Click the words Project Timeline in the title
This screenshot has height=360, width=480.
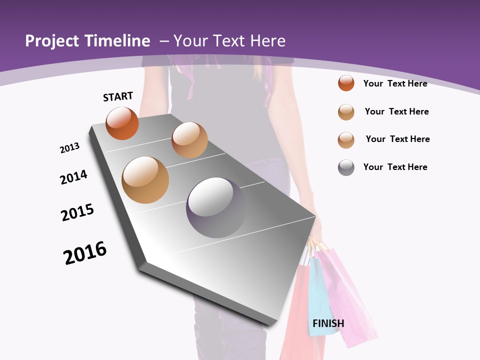tap(87, 41)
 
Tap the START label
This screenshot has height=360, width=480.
tap(118, 96)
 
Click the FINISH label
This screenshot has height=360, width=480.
tap(328, 323)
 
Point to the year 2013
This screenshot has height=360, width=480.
tap(69, 148)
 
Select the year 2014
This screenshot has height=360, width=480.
tap(73, 177)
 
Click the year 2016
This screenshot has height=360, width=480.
tap(85, 253)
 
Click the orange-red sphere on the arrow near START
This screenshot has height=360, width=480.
tap(122, 123)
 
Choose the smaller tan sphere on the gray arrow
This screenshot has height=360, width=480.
tap(189, 140)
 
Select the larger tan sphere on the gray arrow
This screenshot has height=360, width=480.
tap(145, 180)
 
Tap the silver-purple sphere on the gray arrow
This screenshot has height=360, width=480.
tap(216, 207)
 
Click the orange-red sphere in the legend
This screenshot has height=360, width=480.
tap(346, 83)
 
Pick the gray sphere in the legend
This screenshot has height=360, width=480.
tap(346, 167)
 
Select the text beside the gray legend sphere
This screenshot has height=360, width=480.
tap(395, 167)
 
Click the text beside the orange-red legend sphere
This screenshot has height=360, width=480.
tap(395, 83)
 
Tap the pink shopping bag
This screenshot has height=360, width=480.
tap(350, 300)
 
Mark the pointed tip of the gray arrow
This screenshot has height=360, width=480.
tap(272, 322)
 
